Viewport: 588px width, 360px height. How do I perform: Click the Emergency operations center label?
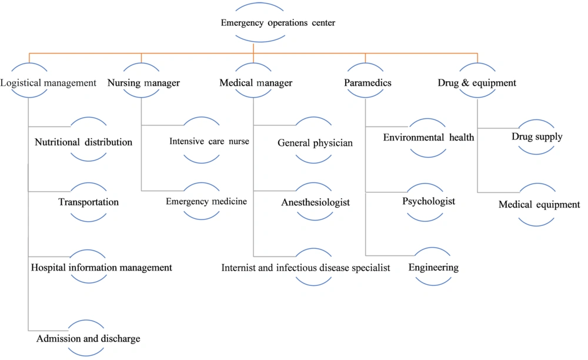tap(278, 23)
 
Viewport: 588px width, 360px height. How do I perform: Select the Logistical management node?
tap(48, 83)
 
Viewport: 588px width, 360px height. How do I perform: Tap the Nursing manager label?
tap(143, 83)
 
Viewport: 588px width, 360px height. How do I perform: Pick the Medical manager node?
tap(256, 83)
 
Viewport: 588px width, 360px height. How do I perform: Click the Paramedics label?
tap(367, 83)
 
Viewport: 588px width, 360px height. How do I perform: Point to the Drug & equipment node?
tap(477, 83)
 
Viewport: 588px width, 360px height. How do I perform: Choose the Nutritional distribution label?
tap(83, 142)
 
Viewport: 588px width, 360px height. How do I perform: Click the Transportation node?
tap(89, 202)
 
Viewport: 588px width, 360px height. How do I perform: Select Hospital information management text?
tap(101, 268)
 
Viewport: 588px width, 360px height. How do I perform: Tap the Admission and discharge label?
tap(88, 339)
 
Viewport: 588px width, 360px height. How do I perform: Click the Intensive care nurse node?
tap(209, 141)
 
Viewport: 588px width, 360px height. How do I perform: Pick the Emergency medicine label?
tap(206, 201)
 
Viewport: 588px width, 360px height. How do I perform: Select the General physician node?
tap(315, 143)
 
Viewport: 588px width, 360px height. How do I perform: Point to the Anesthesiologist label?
tap(315, 202)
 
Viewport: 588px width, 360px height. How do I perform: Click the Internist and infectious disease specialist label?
tap(306, 268)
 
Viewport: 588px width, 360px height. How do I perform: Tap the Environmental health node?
tap(429, 138)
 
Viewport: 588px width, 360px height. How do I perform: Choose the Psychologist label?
tap(429, 201)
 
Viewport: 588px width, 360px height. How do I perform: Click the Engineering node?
tap(433, 268)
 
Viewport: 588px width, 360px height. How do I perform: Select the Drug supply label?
tap(537, 136)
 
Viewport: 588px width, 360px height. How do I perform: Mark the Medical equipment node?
tap(539, 205)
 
